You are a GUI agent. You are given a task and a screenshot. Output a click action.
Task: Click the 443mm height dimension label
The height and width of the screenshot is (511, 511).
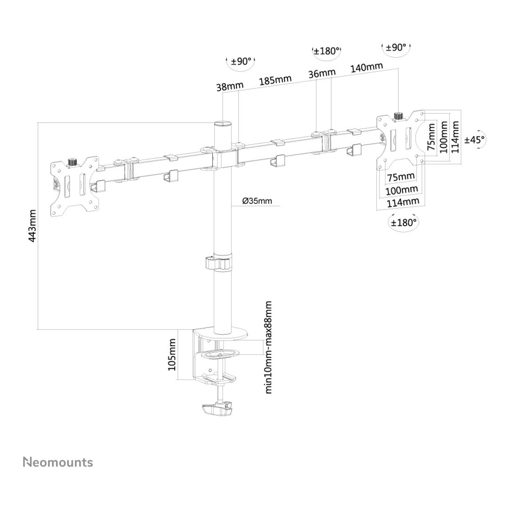[32, 226]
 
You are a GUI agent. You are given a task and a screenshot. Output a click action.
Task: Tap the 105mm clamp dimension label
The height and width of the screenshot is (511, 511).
[172, 354]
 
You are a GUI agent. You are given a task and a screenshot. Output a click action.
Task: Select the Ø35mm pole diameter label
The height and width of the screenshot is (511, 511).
[257, 200]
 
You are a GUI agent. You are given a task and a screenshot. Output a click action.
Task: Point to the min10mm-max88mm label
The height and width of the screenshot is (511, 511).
[268, 347]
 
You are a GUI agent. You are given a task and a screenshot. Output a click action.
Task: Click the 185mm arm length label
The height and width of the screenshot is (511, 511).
[275, 80]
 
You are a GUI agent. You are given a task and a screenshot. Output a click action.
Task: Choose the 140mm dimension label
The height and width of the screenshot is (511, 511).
[367, 67]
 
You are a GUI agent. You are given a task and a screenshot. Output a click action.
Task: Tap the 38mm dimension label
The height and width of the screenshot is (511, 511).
[230, 86]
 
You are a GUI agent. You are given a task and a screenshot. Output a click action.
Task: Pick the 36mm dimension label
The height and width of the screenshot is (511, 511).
[322, 74]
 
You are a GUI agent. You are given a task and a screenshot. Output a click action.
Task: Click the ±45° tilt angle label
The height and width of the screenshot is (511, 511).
[475, 140]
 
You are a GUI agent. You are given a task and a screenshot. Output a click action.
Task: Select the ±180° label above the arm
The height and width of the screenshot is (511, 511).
[327, 51]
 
